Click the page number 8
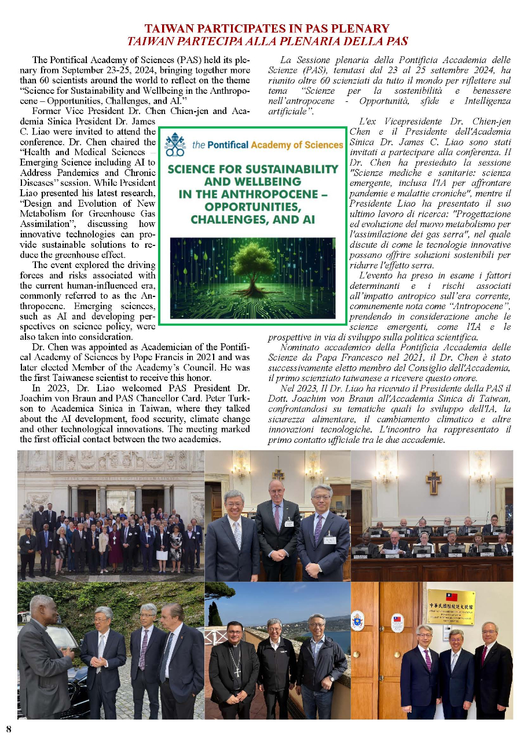coord(9,728)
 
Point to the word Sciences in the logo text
coord(320,144)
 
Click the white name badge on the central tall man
coord(288,523)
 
